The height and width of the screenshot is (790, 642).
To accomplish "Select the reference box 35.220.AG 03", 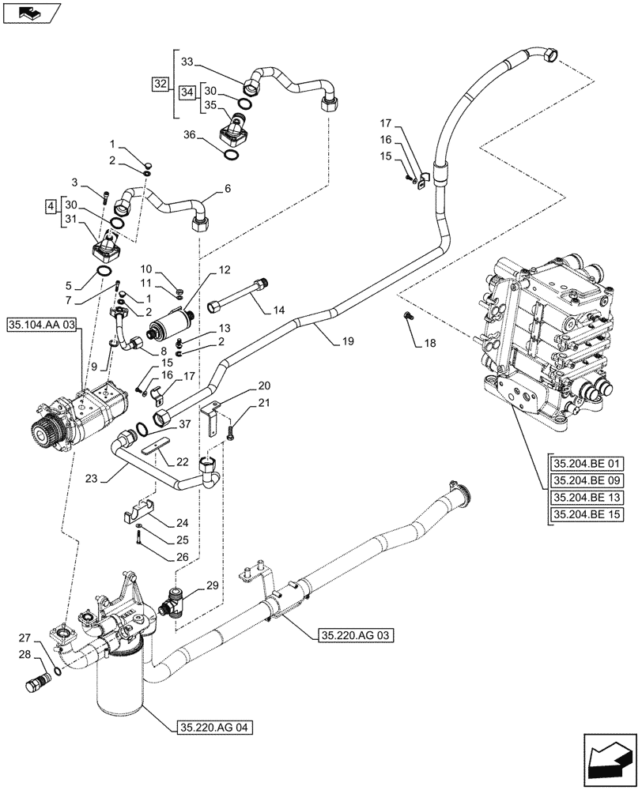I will coord(355,634).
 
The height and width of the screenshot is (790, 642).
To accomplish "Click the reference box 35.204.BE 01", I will coord(588,463).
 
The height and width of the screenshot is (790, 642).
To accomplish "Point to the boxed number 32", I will coord(161,83).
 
